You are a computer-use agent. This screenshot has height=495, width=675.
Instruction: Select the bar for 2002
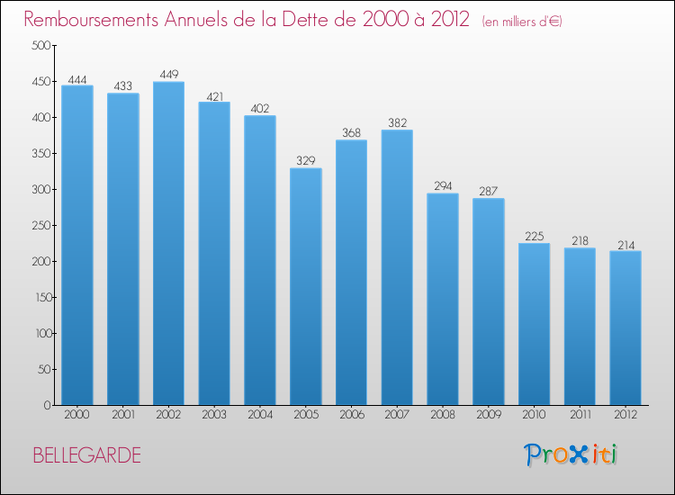[168, 243]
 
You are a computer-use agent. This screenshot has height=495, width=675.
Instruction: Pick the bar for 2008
[442, 299]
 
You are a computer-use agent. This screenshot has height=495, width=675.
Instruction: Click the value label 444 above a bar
[77, 80]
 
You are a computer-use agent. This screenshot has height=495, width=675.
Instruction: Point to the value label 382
[397, 123]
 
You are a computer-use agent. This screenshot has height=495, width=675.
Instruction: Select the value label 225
[534, 237]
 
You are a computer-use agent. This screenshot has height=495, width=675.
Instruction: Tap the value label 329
[305, 162]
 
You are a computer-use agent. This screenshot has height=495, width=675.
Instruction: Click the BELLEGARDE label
[86, 455]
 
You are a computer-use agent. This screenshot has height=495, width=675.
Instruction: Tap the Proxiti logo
[570, 454]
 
